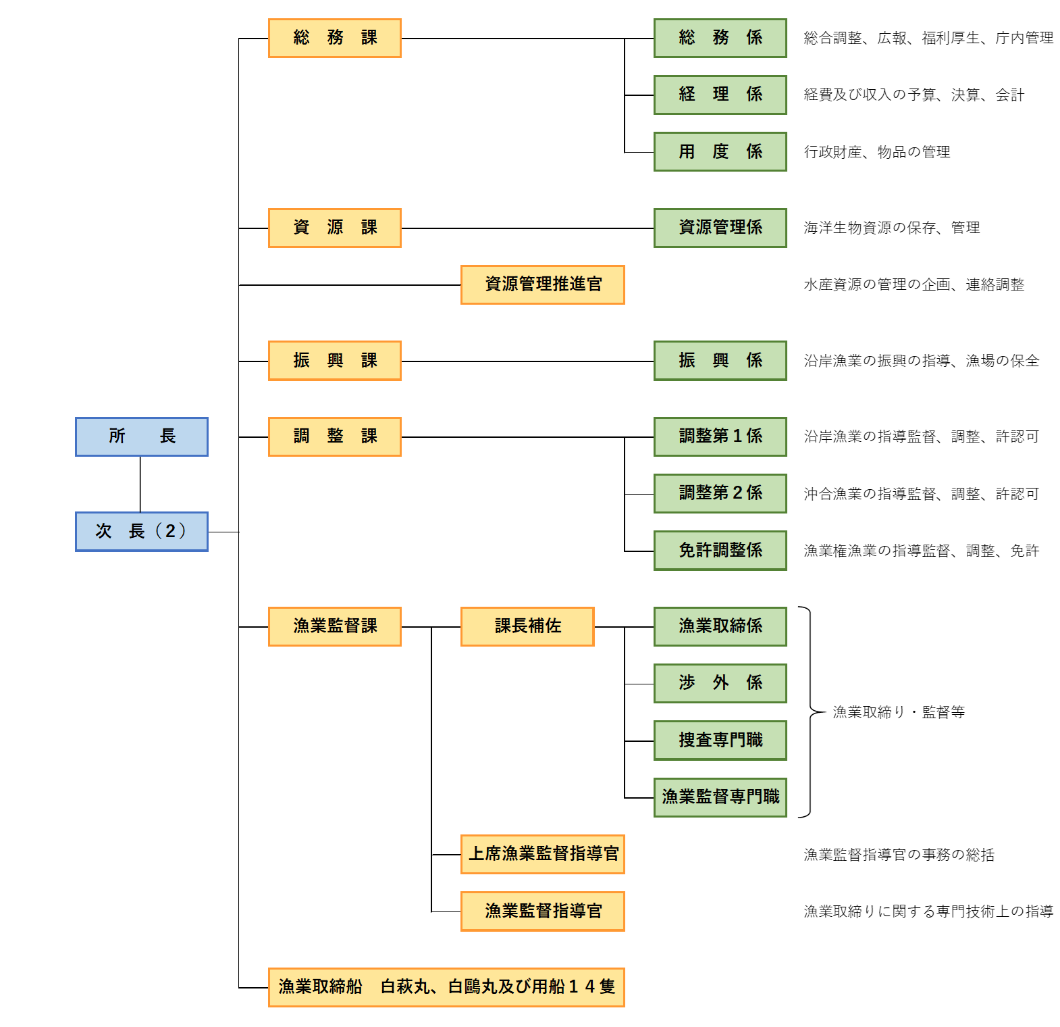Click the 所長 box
142,436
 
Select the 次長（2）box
142,532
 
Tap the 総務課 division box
335,38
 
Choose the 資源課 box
335,228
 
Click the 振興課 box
335,361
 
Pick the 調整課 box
335,436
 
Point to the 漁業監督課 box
335,626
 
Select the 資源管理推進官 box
543,284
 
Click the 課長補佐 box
527,626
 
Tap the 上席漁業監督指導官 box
543,854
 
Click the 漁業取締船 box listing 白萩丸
446,987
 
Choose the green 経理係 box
720,95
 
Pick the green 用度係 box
720,151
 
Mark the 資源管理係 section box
720,228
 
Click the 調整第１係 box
720,436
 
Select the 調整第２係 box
720,493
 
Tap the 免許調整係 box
720,551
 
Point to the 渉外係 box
720,683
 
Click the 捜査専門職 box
720,741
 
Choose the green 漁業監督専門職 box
720,797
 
